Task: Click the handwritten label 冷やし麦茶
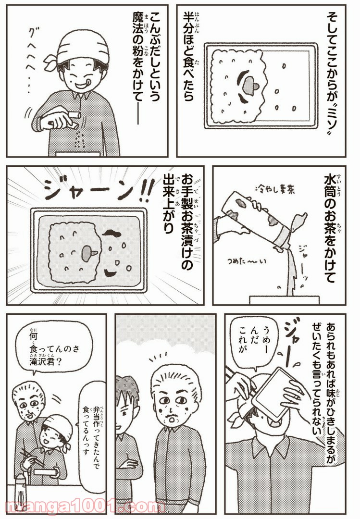[275, 190]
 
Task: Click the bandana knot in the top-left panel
[51, 60]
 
